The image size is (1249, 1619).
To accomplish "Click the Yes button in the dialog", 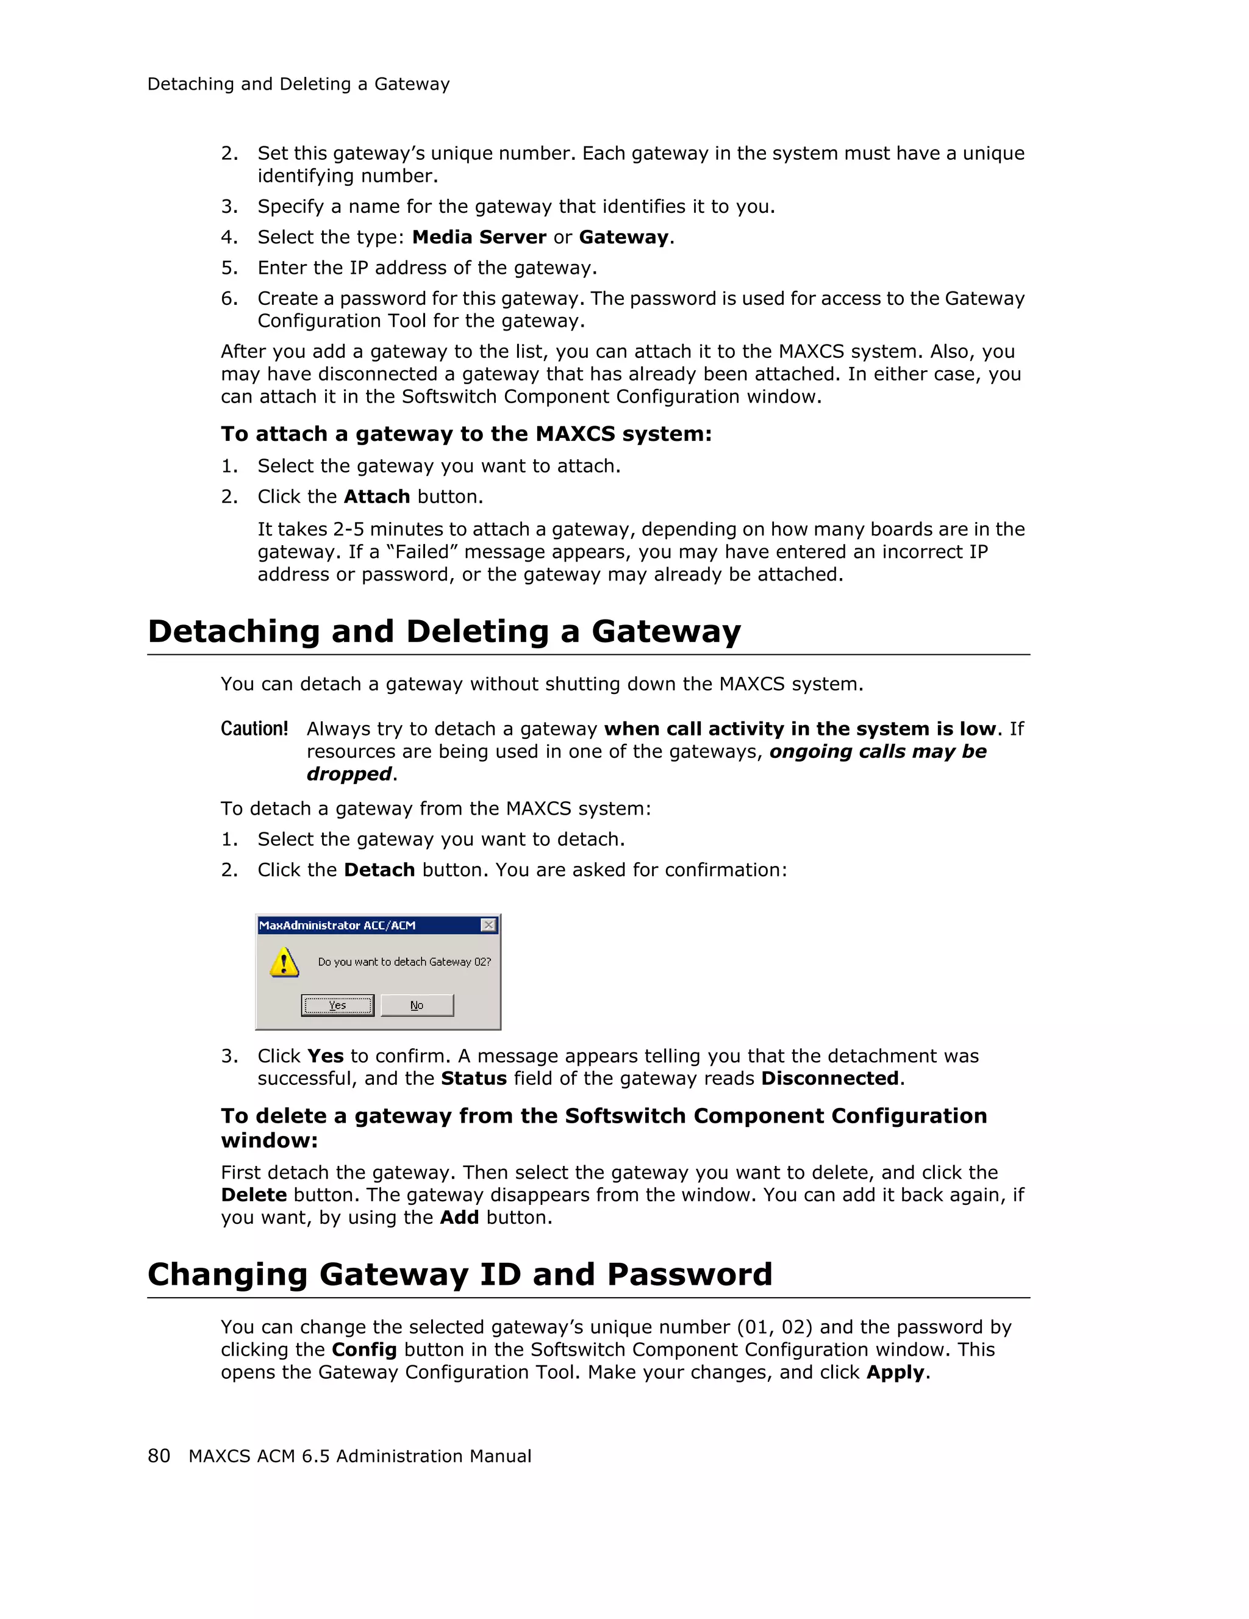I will (x=337, y=1005).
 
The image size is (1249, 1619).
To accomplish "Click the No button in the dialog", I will (x=417, y=1005).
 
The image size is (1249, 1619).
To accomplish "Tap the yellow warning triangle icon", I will (x=284, y=962).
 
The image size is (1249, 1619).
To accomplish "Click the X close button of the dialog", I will (x=489, y=924).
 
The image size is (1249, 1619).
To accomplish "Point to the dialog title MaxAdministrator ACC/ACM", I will (x=337, y=925).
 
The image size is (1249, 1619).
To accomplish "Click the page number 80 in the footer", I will (x=159, y=1456).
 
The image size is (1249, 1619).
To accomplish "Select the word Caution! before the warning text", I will (x=254, y=729).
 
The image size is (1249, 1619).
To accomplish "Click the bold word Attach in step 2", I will (x=376, y=496).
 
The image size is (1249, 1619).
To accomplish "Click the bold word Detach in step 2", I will (x=379, y=870).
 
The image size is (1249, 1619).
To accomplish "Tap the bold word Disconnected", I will (x=829, y=1079).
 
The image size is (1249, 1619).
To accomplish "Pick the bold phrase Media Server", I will (x=479, y=237).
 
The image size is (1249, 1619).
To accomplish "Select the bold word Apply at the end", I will (x=895, y=1372).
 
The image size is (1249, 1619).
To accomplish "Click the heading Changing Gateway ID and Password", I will (x=460, y=1274).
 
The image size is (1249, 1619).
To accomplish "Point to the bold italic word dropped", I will (x=348, y=774).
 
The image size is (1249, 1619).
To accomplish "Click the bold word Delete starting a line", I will (x=254, y=1195).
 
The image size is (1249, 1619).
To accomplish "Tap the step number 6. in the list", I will (x=229, y=299).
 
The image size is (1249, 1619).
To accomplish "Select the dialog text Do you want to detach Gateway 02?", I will (x=404, y=962).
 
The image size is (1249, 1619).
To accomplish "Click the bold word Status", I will (x=474, y=1079).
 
